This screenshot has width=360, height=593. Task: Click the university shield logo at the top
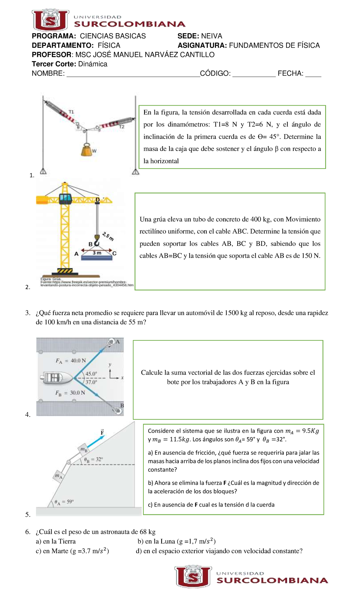click(50, 20)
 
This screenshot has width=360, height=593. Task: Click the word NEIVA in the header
click(211, 36)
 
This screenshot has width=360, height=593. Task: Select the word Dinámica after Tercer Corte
click(93, 64)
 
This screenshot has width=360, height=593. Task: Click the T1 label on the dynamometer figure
click(71, 112)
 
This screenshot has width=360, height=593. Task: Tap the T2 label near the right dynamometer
click(121, 127)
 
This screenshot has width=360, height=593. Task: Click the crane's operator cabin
click(65, 198)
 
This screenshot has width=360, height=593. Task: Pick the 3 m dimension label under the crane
click(97, 253)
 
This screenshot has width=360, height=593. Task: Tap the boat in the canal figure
click(57, 378)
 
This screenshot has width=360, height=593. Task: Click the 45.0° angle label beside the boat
click(91, 374)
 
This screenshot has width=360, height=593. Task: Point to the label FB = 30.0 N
click(70, 393)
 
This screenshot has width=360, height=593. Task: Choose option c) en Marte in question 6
click(72, 551)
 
